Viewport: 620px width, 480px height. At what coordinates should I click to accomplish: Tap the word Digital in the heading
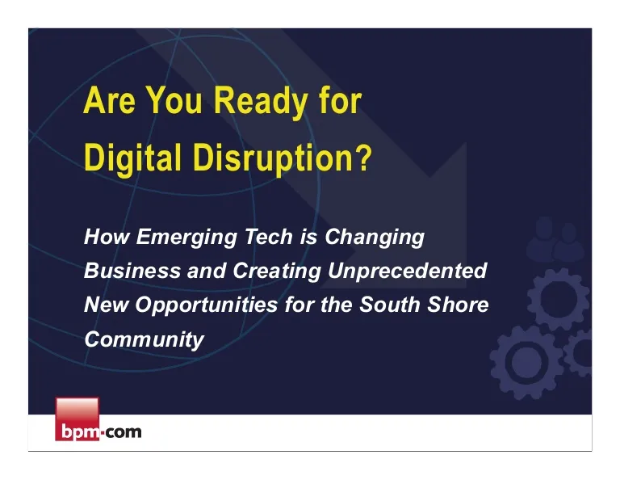click(x=133, y=158)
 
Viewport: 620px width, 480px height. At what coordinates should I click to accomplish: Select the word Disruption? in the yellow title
click(x=283, y=158)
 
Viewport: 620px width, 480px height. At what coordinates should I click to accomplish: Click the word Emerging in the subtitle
click(x=186, y=238)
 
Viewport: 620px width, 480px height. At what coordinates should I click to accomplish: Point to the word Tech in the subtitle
click(x=269, y=236)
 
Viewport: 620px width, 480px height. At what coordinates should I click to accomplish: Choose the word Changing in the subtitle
click(x=375, y=238)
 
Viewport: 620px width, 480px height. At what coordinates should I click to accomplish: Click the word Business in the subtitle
click(x=132, y=271)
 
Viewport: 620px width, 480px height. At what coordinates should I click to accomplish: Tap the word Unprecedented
click(x=407, y=271)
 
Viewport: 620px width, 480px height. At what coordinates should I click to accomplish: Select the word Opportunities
click(x=207, y=305)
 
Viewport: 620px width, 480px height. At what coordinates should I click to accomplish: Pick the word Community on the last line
click(x=144, y=339)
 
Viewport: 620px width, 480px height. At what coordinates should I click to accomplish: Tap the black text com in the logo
click(x=124, y=432)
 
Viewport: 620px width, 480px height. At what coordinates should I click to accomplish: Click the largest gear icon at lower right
click(x=526, y=362)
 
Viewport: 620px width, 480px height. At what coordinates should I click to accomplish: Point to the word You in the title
click(x=174, y=100)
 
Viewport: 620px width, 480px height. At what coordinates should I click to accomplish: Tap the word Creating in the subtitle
click(x=276, y=272)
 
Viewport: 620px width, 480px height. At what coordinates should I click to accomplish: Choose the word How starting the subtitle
click(x=107, y=236)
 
